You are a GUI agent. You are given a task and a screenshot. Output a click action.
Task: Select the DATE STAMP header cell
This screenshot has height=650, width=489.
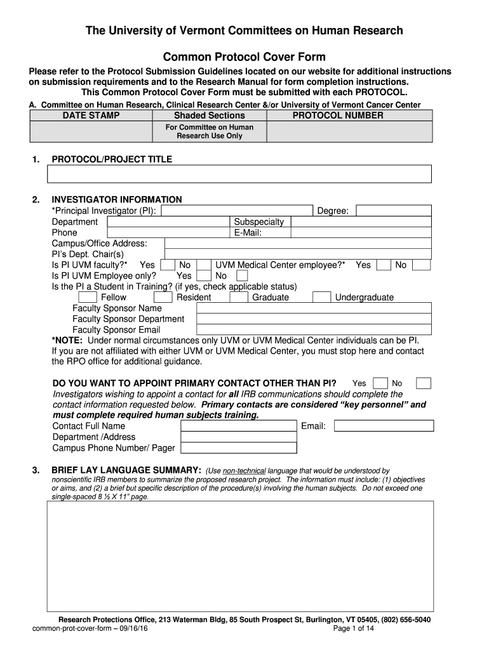click(x=91, y=116)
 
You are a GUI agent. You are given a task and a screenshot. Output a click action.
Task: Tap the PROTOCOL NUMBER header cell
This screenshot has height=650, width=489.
click(x=337, y=116)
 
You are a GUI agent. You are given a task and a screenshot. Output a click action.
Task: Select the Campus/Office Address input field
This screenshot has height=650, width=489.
click(x=298, y=244)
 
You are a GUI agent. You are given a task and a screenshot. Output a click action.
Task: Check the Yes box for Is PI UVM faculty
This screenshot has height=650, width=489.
click(x=168, y=265)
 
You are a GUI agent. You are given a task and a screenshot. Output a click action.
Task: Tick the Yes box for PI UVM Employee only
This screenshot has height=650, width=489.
click(x=204, y=276)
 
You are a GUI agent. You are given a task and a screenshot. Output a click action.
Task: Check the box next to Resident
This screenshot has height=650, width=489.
click(x=163, y=298)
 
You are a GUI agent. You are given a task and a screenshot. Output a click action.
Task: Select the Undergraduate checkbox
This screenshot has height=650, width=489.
click(x=322, y=298)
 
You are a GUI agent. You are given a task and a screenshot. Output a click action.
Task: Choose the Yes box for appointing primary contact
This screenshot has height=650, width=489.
click(x=380, y=383)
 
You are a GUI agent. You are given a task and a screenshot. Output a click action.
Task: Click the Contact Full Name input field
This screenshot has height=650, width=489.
click(x=239, y=426)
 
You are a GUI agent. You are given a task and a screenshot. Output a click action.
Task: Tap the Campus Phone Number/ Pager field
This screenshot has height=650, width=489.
click(x=239, y=448)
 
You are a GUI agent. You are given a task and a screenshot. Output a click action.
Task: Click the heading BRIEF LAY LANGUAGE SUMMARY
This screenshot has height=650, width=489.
click(x=126, y=470)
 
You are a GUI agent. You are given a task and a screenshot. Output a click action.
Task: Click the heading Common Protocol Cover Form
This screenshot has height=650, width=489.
click(x=245, y=56)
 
